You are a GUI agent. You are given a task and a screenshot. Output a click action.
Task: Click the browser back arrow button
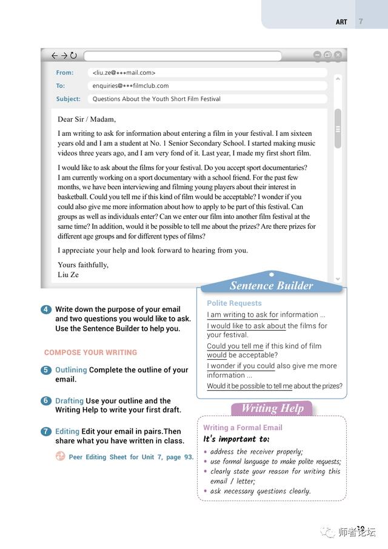pyautogui.click(x=55, y=56)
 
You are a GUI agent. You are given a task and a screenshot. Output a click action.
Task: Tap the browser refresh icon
pyautogui.click(x=73, y=56)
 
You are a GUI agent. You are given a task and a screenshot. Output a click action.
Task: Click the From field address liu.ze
pyautogui.click(x=124, y=73)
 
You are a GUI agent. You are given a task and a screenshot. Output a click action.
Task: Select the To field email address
pyautogui.click(x=130, y=86)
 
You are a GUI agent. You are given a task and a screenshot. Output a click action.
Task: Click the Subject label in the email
pyautogui.click(x=68, y=99)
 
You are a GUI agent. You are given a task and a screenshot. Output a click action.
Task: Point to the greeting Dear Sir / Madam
pyautogui.click(x=87, y=119)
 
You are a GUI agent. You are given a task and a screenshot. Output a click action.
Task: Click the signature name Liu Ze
pyautogui.click(x=68, y=274)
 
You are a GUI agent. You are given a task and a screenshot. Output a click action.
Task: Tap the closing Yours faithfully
pyautogui.click(x=83, y=264)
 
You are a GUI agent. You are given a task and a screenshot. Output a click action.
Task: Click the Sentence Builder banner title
pyautogui.click(x=271, y=286)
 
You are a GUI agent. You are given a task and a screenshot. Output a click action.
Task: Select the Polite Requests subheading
pyautogui.click(x=234, y=303)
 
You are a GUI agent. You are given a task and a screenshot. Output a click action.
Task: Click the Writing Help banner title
pyautogui.click(x=272, y=408)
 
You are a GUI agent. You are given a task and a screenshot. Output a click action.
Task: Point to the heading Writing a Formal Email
pyautogui.click(x=242, y=428)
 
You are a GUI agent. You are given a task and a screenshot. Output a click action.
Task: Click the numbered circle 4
pyautogui.click(x=46, y=309)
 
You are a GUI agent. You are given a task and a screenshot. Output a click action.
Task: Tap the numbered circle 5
pyautogui.click(x=46, y=370)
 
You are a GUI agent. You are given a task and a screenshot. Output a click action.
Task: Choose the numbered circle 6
pyautogui.click(x=46, y=401)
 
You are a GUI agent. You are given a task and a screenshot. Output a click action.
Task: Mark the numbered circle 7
pyautogui.click(x=46, y=431)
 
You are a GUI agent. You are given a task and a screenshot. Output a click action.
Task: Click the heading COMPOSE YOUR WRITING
pyautogui.click(x=90, y=352)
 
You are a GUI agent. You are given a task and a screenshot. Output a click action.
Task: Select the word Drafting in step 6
pyautogui.click(x=69, y=401)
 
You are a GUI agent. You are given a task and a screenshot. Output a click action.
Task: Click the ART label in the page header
pyautogui.click(x=341, y=22)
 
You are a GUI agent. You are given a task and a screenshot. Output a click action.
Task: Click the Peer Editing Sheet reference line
pyautogui.click(x=131, y=457)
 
